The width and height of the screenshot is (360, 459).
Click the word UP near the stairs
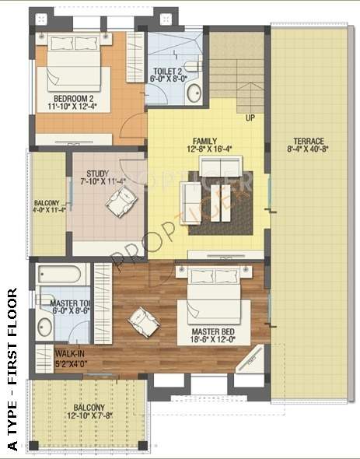click(x=250, y=118)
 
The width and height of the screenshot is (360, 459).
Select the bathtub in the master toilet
click(x=61, y=275)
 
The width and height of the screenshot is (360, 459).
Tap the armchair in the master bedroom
click(x=144, y=319)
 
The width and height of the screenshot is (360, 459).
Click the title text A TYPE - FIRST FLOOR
click(x=11, y=370)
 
